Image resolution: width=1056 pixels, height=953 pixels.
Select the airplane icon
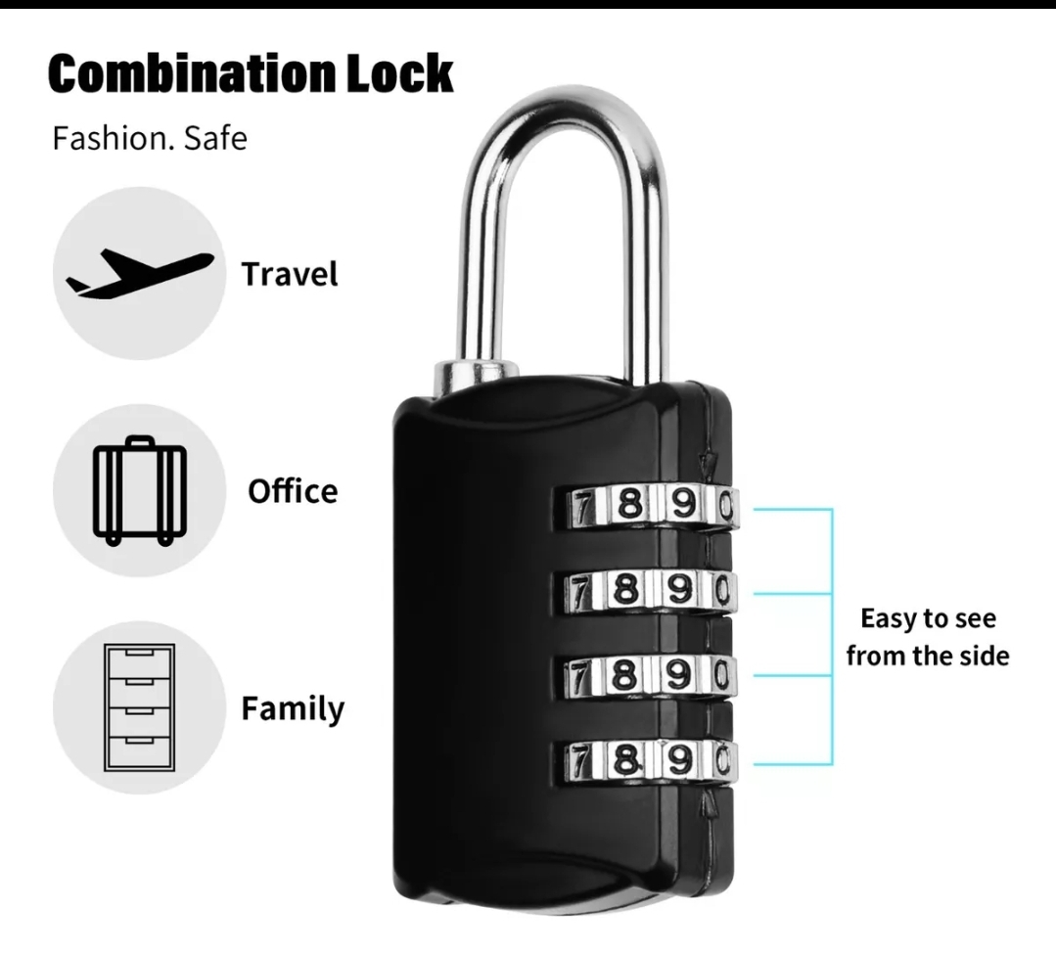[x=138, y=273]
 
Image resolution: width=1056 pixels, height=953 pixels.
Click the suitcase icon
[x=138, y=490]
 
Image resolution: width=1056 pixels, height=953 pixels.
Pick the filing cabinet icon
[x=138, y=707]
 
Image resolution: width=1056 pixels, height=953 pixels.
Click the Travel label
[x=290, y=274]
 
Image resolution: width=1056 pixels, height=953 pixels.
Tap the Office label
[x=292, y=490]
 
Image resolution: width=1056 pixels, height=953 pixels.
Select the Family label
[x=293, y=708]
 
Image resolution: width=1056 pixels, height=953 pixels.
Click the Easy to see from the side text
[x=927, y=637]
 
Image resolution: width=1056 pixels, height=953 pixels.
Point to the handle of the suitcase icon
[x=139, y=443]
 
